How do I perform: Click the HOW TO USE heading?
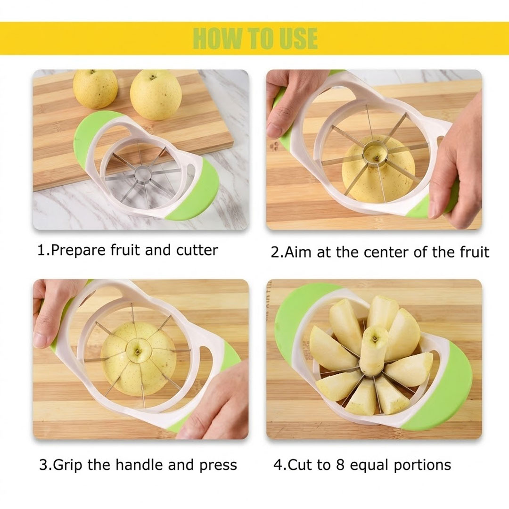pos(255,38)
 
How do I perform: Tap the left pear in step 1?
pos(95,89)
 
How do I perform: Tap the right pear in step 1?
pos(156,95)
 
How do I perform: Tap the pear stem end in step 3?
pos(137,349)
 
